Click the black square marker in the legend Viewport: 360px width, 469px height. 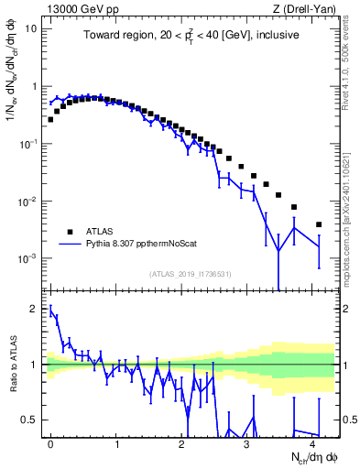click(70, 231)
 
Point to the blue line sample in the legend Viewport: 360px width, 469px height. click(70, 245)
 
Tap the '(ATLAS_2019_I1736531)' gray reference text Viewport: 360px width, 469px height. click(191, 274)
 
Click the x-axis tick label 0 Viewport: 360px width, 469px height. click(50, 442)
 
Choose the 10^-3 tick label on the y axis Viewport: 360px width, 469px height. click(27, 259)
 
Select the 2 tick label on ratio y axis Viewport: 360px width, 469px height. click(35, 309)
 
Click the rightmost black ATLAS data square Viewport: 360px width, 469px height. click(319, 224)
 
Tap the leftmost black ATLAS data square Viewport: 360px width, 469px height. click(50, 119)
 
